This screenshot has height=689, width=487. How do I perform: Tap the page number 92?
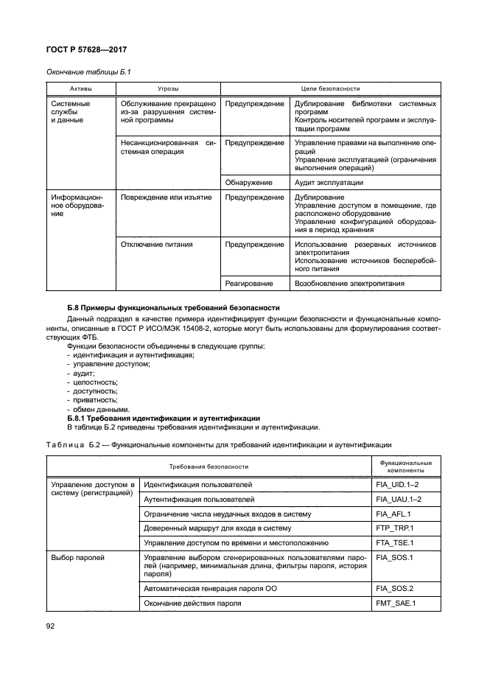pos(52,627)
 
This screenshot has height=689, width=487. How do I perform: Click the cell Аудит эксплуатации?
pos(329,182)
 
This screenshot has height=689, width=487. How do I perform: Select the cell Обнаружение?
pos(248,182)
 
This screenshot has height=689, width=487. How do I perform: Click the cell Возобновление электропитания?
pos(348,283)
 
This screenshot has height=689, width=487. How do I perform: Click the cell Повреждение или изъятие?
pos(167,197)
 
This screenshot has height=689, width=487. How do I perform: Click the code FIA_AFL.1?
pos(393,514)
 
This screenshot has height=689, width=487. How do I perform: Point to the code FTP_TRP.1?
pos(395,528)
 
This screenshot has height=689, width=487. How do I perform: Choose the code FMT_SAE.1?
pos(396,603)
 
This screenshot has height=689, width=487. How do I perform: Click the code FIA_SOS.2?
pos(394,588)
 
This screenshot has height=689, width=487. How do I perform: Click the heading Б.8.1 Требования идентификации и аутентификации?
pos(158,418)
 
